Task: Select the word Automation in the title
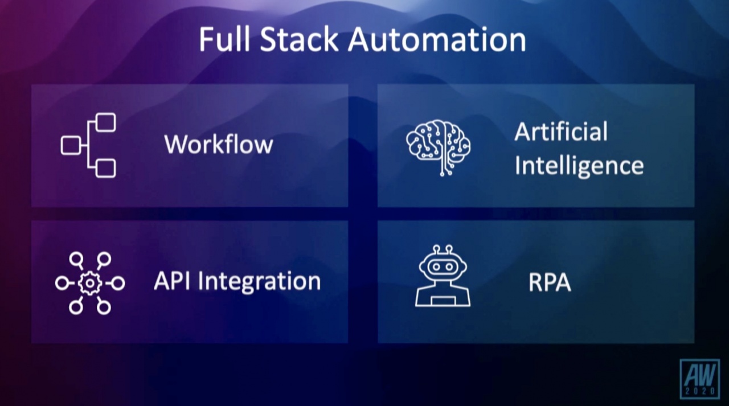click(436, 40)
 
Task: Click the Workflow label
click(219, 145)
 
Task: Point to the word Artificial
click(561, 132)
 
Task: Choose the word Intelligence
click(579, 166)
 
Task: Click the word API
click(173, 281)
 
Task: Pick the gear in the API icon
click(89, 283)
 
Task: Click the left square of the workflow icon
click(71, 145)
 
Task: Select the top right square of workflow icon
click(105, 122)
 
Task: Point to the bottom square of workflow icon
click(105, 168)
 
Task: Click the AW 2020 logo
click(700, 379)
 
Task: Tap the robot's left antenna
click(436, 249)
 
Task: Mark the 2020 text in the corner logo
click(700, 392)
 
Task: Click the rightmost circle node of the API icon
click(118, 283)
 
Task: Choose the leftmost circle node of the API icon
click(61, 283)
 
